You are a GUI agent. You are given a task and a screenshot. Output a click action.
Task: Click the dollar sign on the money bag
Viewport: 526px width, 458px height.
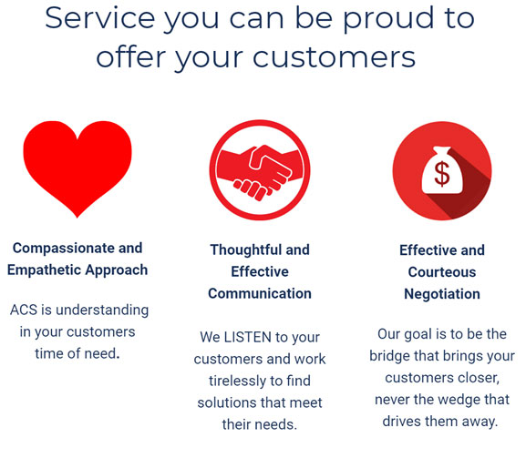(442, 174)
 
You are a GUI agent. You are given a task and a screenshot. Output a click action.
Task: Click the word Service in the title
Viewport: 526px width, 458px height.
(99, 18)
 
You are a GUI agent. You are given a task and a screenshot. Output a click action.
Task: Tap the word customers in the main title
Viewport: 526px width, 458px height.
(335, 57)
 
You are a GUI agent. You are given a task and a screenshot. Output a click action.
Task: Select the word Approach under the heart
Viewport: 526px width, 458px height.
(116, 270)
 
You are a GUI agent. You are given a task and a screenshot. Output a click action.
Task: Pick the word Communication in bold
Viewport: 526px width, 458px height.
(260, 293)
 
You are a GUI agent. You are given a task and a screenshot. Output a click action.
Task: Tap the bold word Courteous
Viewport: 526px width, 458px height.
(442, 272)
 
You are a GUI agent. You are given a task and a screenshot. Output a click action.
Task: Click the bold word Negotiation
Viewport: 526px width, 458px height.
(442, 294)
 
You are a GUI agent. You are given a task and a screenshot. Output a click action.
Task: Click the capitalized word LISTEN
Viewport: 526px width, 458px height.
(248, 337)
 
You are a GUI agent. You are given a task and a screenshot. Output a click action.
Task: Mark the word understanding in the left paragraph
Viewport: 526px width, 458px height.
(102, 310)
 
